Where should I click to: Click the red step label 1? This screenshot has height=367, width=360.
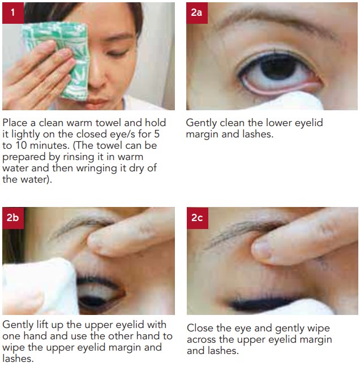[13, 13]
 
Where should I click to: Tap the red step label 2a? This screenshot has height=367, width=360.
[197, 13]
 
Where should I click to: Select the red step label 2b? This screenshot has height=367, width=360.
[13, 218]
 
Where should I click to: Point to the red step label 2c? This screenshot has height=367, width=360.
[198, 218]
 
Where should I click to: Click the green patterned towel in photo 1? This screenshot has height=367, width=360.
[58, 58]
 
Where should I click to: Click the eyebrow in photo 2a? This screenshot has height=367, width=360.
[276, 22]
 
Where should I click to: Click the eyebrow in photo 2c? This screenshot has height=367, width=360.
[246, 231]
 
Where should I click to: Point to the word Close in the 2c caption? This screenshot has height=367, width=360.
[200, 328]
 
